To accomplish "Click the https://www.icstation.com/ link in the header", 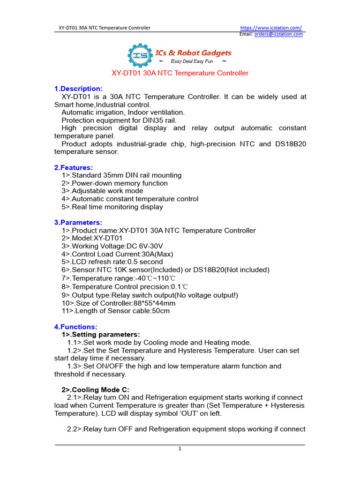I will pos(271,28).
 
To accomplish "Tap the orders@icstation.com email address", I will pos(278,34).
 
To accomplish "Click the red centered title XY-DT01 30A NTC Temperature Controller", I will pos(180,73).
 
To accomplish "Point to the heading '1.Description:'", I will pos(78,89).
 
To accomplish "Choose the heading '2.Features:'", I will pos(74,167).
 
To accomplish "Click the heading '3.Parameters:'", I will pos(78,223).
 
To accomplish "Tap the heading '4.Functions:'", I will pos(76,327).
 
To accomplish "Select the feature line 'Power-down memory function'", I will pos(114,183).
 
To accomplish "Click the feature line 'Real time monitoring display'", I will pos(112,207).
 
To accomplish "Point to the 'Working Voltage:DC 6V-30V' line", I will pos(112,246).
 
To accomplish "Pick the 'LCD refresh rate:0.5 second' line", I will pos(112,262).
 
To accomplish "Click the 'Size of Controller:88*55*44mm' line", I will pos(118,303).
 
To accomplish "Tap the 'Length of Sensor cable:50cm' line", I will pos(115,311).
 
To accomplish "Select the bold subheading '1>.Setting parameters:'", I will pos(101,335).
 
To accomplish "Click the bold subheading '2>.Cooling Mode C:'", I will pos(95,390).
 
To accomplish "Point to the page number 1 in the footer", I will pos(180,449).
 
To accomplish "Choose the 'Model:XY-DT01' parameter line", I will pos(89,238).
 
